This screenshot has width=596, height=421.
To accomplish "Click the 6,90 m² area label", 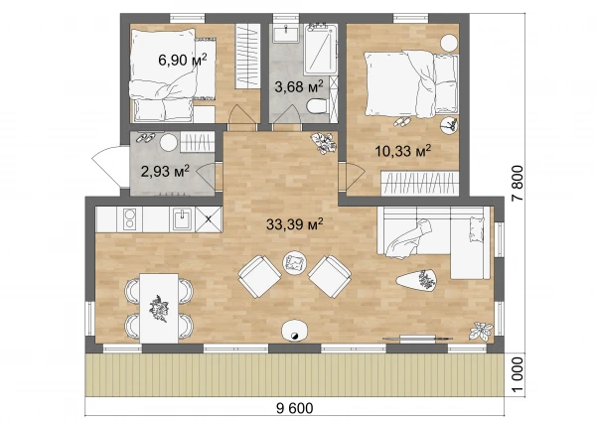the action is pos(183,60).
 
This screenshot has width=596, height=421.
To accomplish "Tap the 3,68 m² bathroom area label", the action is pos(299,86).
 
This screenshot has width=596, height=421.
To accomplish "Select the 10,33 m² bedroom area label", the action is pos(403,151).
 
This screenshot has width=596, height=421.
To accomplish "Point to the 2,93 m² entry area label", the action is pos(165,171).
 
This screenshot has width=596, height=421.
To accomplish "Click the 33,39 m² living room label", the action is pos(295,224).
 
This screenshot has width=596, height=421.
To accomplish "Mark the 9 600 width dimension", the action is pos(295,408).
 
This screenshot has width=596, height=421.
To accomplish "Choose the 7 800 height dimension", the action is pos(518,184).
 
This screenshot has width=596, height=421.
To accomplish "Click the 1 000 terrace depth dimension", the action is pos(518,374).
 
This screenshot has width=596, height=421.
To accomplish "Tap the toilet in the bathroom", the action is pos(317,106).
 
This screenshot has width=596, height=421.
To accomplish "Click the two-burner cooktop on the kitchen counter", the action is pos(129,218).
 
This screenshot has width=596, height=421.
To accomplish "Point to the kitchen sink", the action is pos(182,219).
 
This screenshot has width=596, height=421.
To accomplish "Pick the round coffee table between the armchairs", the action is pos(295,262).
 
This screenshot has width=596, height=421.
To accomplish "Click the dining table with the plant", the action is pos(159,308).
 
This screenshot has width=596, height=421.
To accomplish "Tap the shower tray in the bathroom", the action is pos(321,49).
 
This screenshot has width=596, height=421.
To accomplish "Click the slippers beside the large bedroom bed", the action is pos(402,122).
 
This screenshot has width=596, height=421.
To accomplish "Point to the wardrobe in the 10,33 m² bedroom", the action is pos(420,184).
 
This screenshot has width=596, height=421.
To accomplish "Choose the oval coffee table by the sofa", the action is pos(416,281).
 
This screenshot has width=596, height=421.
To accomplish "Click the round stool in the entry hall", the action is pos(169,143).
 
